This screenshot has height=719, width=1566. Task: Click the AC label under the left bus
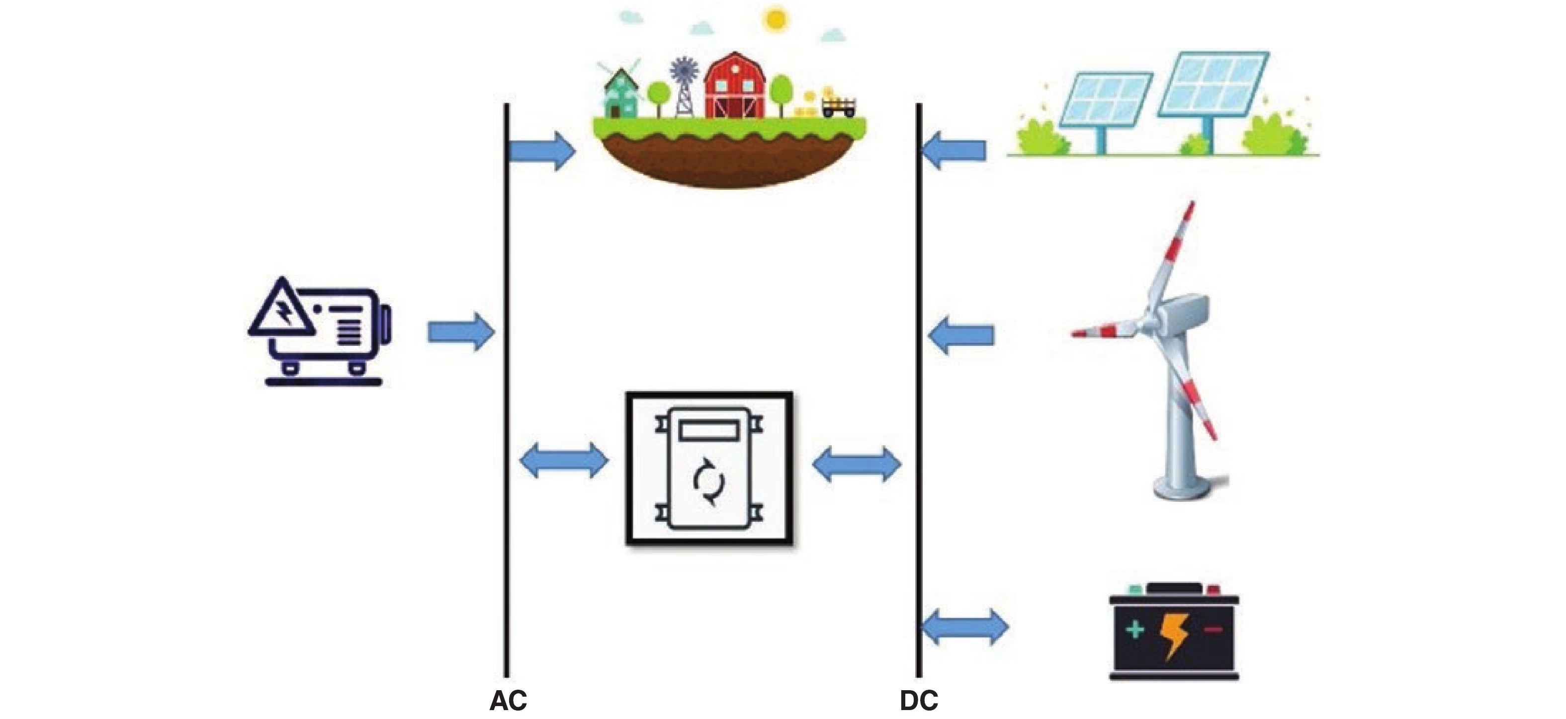coord(508,701)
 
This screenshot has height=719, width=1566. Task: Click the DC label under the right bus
coord(919,701)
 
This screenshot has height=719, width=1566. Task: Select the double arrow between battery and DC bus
coord(965,627)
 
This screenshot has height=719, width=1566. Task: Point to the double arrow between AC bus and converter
coord(564,461)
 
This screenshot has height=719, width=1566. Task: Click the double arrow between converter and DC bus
coord(857,464)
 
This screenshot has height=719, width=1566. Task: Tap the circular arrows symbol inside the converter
coord(709,482)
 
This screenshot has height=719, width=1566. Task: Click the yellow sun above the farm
coord(776,19)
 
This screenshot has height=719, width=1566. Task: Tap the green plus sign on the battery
coord(1134,629)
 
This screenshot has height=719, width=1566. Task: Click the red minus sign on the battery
coord(1213,630)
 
